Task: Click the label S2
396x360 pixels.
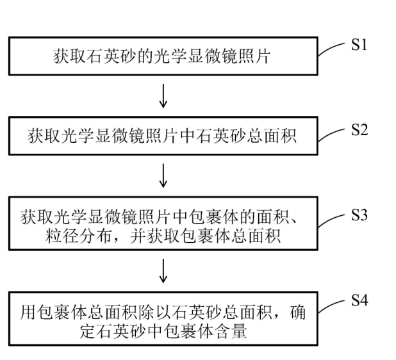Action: click(361, 130)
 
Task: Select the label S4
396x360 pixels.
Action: click(360, 300)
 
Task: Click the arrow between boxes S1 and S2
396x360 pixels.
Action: click(164, 97)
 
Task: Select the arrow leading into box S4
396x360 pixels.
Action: click(164, 272)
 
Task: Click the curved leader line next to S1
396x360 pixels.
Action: click(334, 51)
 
